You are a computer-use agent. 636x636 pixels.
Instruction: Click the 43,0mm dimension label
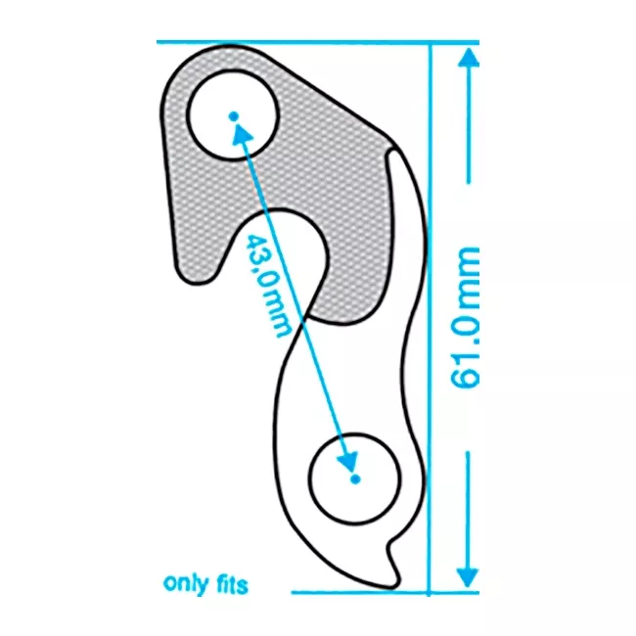[x=268, y=285]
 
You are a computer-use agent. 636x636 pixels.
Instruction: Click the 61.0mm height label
[x=465, y=317]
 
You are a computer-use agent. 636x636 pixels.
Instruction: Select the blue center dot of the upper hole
[x=233, y=116]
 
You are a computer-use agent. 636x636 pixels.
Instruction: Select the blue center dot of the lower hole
[x=355, y=479]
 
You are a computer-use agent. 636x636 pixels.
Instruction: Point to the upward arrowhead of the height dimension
[x=469, y=58]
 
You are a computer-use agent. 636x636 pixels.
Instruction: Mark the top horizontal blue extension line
[x=318, y=42]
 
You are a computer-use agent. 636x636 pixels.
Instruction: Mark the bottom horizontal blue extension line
[x=386, y=593]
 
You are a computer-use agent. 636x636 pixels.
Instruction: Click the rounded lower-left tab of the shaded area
[x=197, y=273]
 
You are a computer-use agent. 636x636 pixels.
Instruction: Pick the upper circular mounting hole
[x=233, y=115]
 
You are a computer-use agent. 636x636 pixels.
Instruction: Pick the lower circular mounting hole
[x=354, y=479]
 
